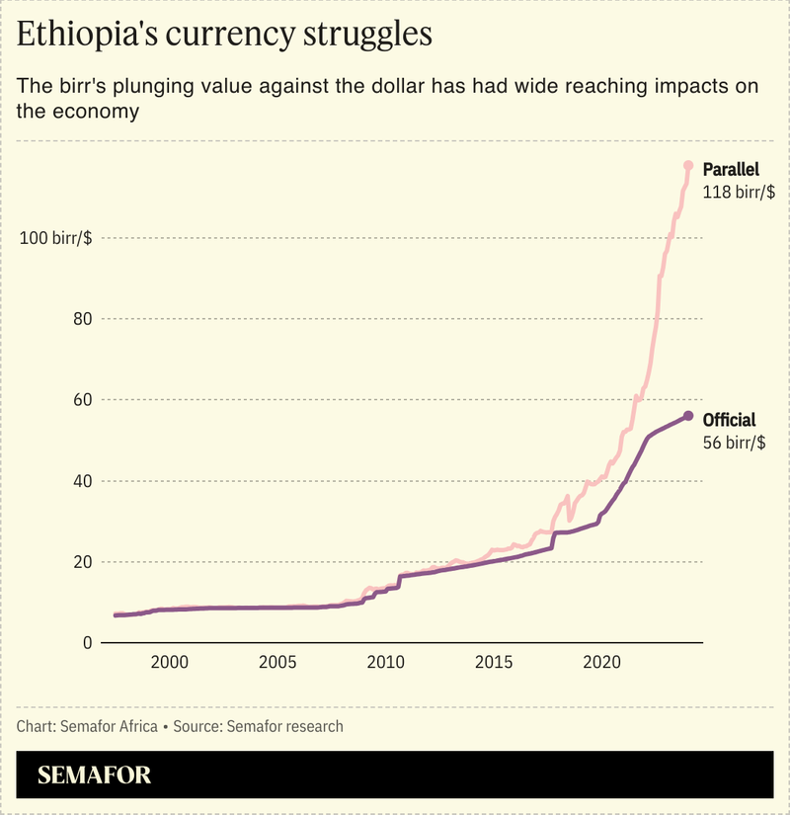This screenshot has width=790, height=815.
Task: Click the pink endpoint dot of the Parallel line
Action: pos(688,165)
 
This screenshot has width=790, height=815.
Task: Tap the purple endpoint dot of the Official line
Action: pos(688,416)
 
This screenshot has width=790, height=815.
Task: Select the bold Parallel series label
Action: pos(731,169)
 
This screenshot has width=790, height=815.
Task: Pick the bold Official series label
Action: pos(729,420)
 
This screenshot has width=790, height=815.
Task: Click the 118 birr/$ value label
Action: pos(735,193)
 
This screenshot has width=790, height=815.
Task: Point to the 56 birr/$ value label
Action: pos(734,444)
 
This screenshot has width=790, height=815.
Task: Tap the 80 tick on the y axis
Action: pos(82,319)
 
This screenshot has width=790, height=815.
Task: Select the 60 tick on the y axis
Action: pos(82,400)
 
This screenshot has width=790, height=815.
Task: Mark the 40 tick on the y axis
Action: pos(82,481)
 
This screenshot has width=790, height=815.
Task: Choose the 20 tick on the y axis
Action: pos(82,562)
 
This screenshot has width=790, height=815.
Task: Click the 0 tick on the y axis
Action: pos(87,643)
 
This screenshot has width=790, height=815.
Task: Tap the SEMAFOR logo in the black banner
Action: pos(95,774)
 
